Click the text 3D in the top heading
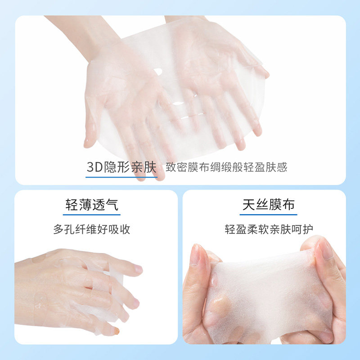(x=94, y=167)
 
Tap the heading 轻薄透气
(x=92, y=205)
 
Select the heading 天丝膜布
(x=269, y=205)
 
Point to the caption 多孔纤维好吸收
(x=92, y=229)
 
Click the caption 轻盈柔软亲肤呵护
(x=269, y=229)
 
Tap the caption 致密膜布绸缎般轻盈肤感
(x=226, y=168)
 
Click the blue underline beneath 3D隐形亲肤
(x=121, y=177)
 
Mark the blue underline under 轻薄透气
(x=92, y=215)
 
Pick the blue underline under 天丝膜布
(x=269, y=215)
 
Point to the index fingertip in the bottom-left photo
(x=138, y=270)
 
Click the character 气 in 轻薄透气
(x=112, y=205)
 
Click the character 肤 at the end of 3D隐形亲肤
(x=149, y=167)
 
